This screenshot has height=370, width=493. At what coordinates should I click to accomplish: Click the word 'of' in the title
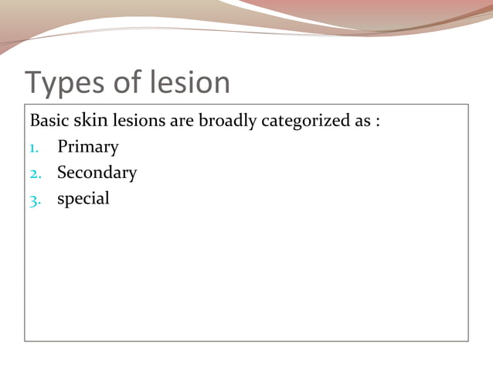[x=130, y=82]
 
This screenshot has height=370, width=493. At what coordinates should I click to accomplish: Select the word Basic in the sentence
[x=49, y=122]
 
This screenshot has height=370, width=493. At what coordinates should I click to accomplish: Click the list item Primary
[x=87, y=147]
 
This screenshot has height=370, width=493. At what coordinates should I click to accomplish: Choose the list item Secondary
[x=97, y=173]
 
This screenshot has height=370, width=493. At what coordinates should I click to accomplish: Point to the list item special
[x=83, y=199]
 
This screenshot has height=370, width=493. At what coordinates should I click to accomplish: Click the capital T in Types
[x=34, y=82]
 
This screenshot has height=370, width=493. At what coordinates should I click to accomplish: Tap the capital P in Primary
[x=62, y=146]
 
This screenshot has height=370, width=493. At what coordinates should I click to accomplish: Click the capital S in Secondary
[x=62, y=173]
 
